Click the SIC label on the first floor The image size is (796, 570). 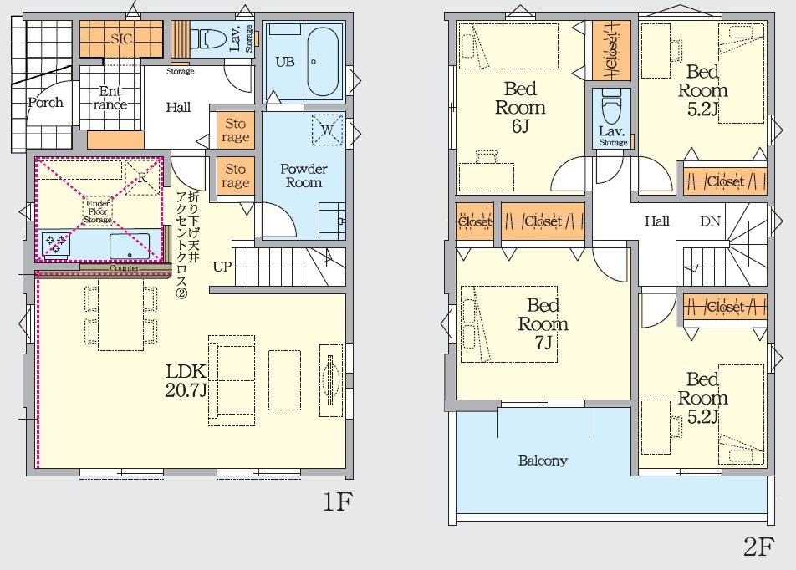121,38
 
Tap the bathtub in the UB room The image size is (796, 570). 323,62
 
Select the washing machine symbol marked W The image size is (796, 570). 327,130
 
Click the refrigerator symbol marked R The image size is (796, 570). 142,178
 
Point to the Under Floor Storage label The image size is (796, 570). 98,211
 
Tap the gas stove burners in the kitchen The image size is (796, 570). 55,243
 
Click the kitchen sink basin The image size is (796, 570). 130,247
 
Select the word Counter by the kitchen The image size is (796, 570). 124,268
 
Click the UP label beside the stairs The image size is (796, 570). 222,267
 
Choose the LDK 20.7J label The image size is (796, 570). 186,380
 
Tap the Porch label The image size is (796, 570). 46,103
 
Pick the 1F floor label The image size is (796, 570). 338,502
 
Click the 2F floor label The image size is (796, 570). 758,547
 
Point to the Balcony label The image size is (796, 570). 543,461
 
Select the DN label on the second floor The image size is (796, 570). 710,221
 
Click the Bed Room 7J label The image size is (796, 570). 543,323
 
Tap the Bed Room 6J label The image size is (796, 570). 520,107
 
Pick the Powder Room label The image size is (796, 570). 304,176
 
